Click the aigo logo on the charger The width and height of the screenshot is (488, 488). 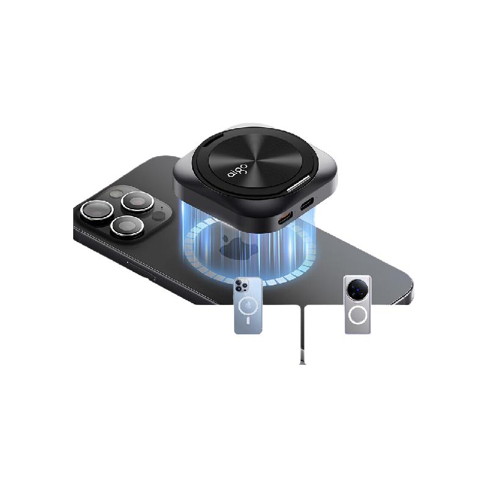pos(237,170)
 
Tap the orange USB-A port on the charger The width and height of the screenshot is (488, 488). pos(285,218)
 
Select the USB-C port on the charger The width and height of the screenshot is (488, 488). pos(307,204)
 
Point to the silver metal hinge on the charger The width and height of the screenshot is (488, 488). pos(298,184)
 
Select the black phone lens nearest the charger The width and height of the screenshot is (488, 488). pos(137,202)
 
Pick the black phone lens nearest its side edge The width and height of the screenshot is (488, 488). pos(127,226)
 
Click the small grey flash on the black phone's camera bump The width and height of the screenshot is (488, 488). pos(117,194)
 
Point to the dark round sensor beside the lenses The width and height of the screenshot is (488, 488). pos(159,216)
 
